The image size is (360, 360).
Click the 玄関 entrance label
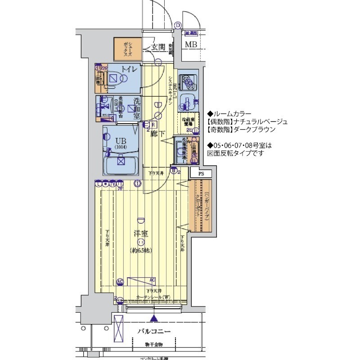158,47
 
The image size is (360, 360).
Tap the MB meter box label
192,45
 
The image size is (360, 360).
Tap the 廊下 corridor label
156,133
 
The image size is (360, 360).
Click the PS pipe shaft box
201,173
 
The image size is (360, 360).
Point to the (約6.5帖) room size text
141,250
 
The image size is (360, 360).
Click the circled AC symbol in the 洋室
120,282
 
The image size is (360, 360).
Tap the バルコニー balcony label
154,331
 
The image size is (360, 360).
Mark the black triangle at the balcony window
154,319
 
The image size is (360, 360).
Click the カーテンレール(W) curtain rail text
154,297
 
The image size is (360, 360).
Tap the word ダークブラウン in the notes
252,129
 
